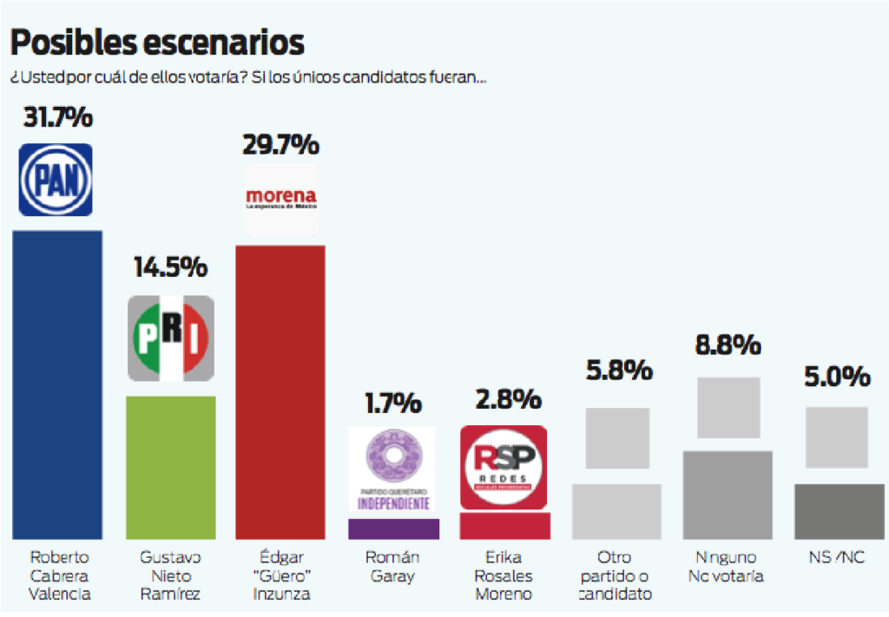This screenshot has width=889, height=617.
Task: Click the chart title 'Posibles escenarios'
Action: [157, 42]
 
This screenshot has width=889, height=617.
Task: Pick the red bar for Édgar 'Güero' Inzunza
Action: [280, 391]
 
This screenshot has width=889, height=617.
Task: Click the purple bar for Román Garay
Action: [393, 528]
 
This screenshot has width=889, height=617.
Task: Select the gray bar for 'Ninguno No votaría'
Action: [728, 494]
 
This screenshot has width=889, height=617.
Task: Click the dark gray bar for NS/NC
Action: [839, 511]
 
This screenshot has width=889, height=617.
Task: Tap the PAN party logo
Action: [56, 180]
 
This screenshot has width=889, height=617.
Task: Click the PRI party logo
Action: [170, 338]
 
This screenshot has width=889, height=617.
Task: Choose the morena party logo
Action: [281, 199]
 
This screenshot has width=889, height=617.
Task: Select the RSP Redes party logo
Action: [503, 468]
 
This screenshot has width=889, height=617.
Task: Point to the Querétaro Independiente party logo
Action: [392, 469]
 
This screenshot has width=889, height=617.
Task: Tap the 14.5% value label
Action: [170, 266]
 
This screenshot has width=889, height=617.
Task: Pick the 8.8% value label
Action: [728, 345]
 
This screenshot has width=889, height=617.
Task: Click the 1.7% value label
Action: [392, 404]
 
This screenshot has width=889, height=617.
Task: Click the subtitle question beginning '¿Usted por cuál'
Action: [248, 77]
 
